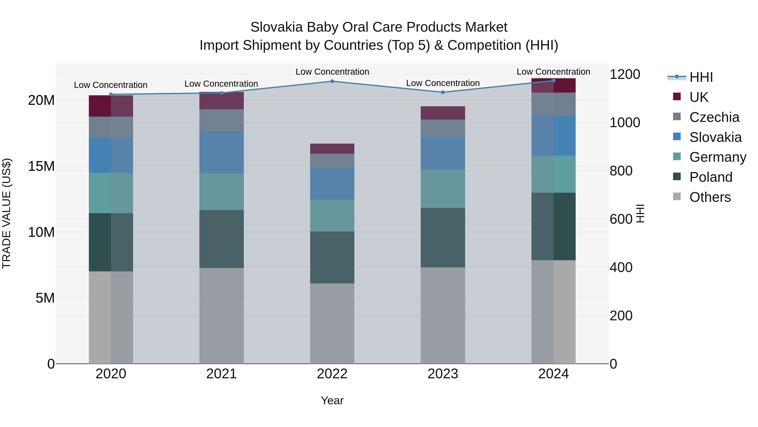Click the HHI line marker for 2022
332,81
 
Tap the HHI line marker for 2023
443,92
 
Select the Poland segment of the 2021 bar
222,239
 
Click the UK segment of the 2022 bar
332,149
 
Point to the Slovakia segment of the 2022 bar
332,184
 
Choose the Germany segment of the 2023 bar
443,189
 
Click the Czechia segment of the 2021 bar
222,120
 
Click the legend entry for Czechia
714,117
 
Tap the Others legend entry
710,197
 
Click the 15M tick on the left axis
41,166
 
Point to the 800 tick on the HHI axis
621,171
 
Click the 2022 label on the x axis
332,374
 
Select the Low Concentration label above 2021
221,84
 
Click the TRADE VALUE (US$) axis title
7,213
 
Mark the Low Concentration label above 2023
443,83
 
